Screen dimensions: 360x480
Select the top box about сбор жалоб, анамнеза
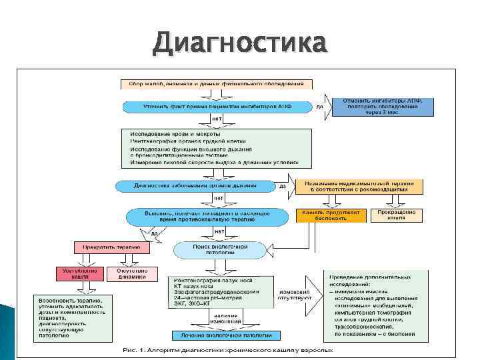point(214,85)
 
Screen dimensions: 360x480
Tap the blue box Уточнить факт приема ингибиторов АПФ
point(217,106)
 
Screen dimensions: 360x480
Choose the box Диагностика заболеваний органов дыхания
point(195,185)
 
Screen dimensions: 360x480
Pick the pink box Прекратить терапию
point(111,247)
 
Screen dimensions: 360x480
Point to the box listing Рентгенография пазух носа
point(219,291)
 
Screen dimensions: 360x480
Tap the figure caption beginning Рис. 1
point(240,350)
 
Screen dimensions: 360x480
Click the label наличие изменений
point(226,318)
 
